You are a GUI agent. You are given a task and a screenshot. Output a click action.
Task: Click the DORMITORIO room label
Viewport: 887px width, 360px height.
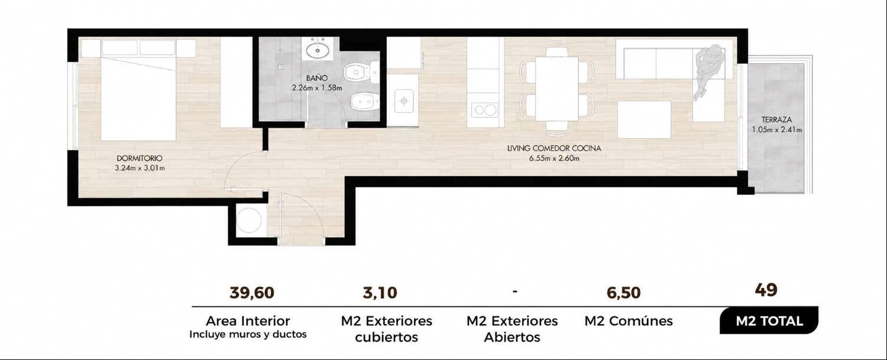[x=140, y=158]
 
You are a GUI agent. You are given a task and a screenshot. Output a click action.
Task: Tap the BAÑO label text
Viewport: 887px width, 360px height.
[x=317, y=78]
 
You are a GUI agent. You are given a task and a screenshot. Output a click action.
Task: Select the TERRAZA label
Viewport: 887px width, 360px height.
[x=776, y=119]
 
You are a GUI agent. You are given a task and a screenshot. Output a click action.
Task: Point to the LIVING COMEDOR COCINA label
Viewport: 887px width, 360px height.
[x=554, y=148]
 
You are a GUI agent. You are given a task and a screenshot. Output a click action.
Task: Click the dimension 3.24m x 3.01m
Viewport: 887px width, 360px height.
[x=140, y=168]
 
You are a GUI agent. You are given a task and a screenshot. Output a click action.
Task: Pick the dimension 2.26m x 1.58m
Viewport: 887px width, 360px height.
[x=317, y=88]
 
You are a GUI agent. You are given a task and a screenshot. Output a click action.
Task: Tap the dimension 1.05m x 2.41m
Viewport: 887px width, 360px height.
[x=776, y=129]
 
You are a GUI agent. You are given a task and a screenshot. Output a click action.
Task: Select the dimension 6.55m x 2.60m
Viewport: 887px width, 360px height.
[x=554, y=158]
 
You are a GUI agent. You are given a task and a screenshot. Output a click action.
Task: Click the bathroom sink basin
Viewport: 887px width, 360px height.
[x=318, y=50]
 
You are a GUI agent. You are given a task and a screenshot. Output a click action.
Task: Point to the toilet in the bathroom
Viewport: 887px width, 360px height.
[x=361, y=73]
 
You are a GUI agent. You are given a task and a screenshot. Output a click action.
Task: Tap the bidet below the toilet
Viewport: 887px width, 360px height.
[x=365, y=102]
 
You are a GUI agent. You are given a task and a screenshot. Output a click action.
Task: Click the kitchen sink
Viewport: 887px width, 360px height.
[x=404, y=101]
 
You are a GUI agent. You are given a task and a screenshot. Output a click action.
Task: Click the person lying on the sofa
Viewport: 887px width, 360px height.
[x=709, y=72]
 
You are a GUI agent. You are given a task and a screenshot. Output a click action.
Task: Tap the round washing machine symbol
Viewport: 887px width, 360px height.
[x=249, y=220]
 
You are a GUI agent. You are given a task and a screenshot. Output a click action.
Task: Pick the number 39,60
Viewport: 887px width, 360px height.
[x=252, y=293]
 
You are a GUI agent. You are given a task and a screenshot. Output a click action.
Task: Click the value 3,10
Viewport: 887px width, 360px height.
[x=380, y=293]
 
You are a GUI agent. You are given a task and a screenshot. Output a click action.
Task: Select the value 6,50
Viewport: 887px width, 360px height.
[x=623, y=293]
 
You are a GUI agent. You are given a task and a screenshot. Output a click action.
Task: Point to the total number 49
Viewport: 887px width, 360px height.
[x=766, y=290]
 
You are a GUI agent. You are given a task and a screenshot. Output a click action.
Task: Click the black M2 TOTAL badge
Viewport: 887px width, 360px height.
[x=769, y=320]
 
